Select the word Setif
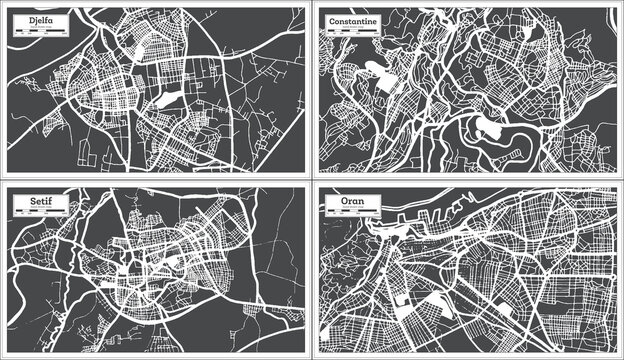pos(28,204)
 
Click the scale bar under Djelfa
pos(33,31)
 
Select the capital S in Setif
pos(18,204)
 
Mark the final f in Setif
pos(38,204)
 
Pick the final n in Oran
pos(352,204)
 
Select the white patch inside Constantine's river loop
pos(490,127)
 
